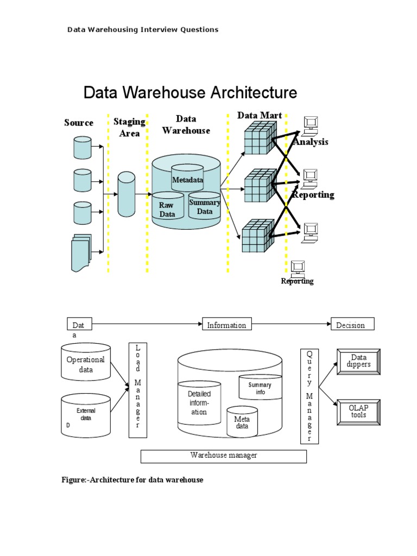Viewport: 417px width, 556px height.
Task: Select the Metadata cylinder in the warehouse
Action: (187, 178)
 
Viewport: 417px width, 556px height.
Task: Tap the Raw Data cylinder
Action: (167, 208)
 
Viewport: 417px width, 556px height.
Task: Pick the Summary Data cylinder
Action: (205, 206)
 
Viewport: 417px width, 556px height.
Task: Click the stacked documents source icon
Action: (81, 252)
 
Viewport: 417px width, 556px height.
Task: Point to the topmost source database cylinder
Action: (83, 148)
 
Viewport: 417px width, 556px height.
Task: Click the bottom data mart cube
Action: (257, 236)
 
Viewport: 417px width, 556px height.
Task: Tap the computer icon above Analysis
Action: (311, 125)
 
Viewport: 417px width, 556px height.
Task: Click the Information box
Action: (226, 325)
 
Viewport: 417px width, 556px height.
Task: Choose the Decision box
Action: (352, 325)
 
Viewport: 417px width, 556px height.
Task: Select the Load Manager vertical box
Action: (137, 390)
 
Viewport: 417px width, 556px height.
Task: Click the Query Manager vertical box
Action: (309, 396)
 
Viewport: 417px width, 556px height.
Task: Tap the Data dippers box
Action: (358, 361)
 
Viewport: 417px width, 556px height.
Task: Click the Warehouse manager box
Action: (224, 456)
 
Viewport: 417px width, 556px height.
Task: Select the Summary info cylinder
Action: (260, 387)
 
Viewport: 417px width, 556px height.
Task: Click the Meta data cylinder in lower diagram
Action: (242, 422)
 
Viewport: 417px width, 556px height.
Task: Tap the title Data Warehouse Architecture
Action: (190, 93)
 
